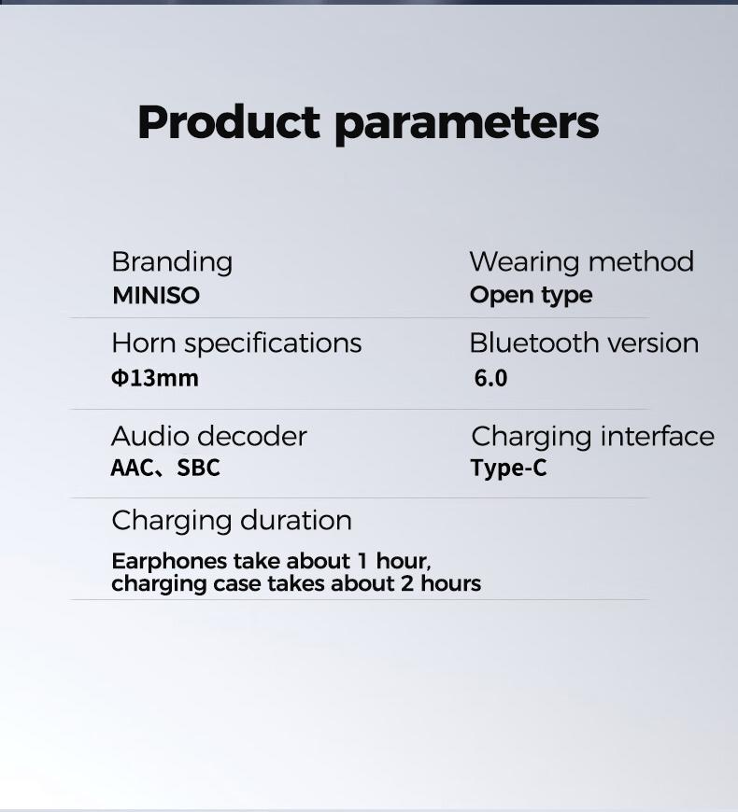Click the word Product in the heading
pos(229,122)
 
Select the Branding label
pos(172,262)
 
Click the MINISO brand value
pos(156,296)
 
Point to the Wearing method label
pos(581,262)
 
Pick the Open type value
pos(531,296)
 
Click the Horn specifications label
pos(236,343)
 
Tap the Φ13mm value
pos(155,378)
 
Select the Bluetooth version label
pos(584,343)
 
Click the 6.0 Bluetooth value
pos(490,378)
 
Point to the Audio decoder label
pos(209,436)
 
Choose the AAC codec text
pos(132,468)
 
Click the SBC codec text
pos(198,468)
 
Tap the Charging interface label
pos(592,436)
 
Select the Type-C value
pos(508,468)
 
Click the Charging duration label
pos(232,520)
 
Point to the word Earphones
pos(169,562)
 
